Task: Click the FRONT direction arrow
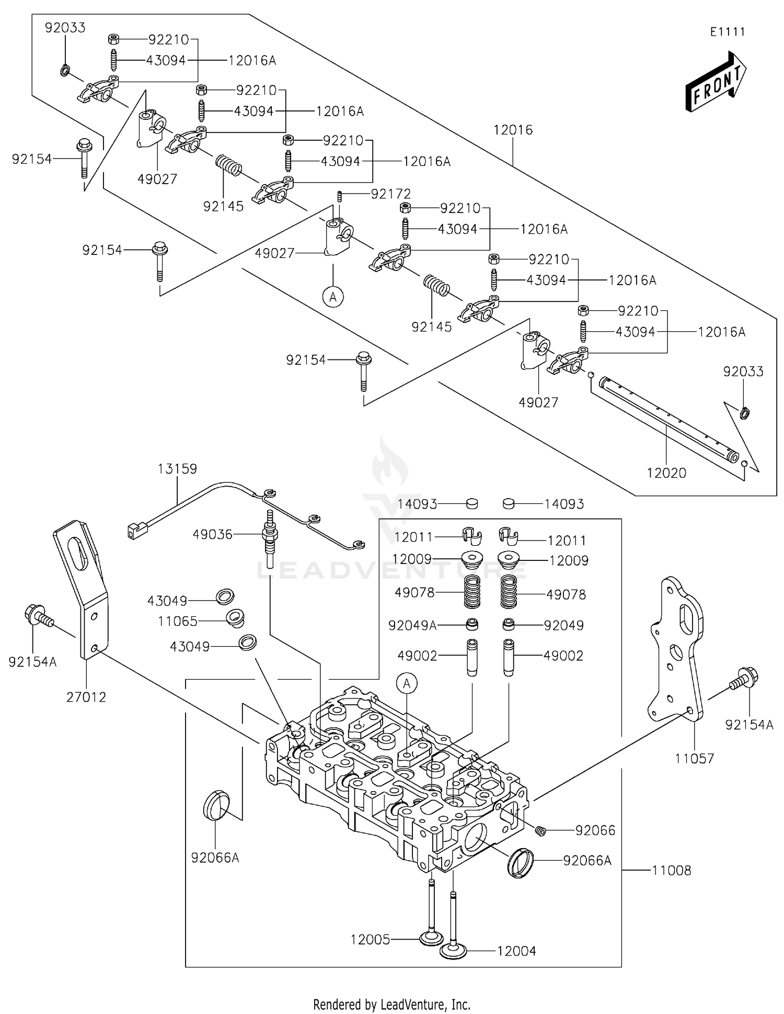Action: click(716, 82)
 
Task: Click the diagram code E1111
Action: click(727, 31)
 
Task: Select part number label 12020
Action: click(666, 473)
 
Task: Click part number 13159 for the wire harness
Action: click(177, 469)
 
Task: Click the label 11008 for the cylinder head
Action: click(672, 871)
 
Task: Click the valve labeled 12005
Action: click(431, 938)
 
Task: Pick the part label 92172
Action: click(391, 194)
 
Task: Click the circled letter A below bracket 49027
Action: click(333, 297)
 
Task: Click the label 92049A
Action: click(412, 625)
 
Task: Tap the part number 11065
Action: click(178, 621)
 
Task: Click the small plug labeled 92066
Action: click(541, 831)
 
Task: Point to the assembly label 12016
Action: click(513, 130)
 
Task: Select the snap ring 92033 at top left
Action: click(65, 70)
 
